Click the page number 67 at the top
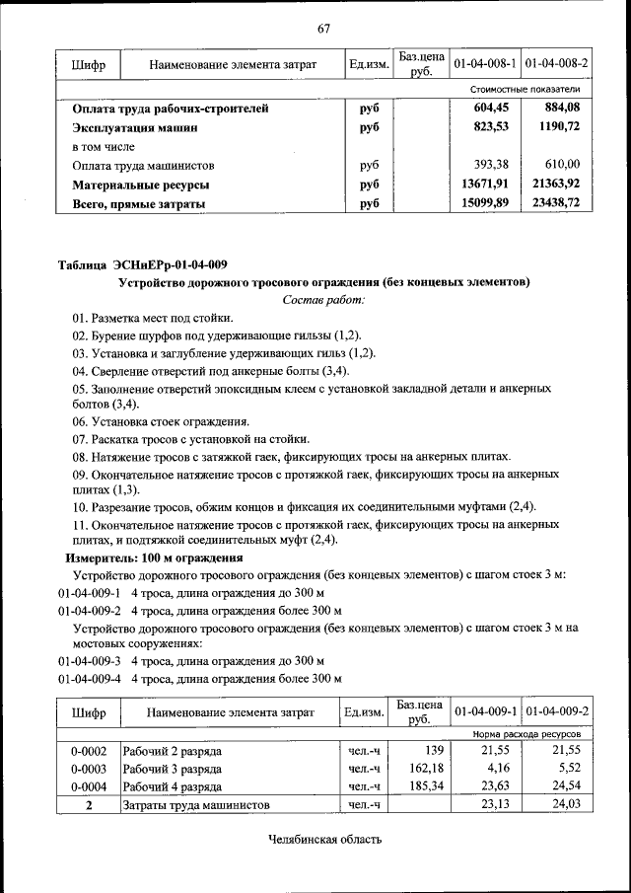point(323,28)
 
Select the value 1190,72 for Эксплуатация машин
point(559,127)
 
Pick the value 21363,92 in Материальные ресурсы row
point(555,185)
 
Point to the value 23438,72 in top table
point(555,203)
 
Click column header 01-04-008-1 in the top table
point(485,64)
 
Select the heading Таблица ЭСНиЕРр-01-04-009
point(143,263)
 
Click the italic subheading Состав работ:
point(323,299)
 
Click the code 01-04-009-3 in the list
point(89,660)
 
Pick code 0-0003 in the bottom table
point(88,768)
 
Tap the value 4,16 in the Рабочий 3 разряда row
point(496,768)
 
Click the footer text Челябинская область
point(323,840)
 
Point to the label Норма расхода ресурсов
point(526,735)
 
